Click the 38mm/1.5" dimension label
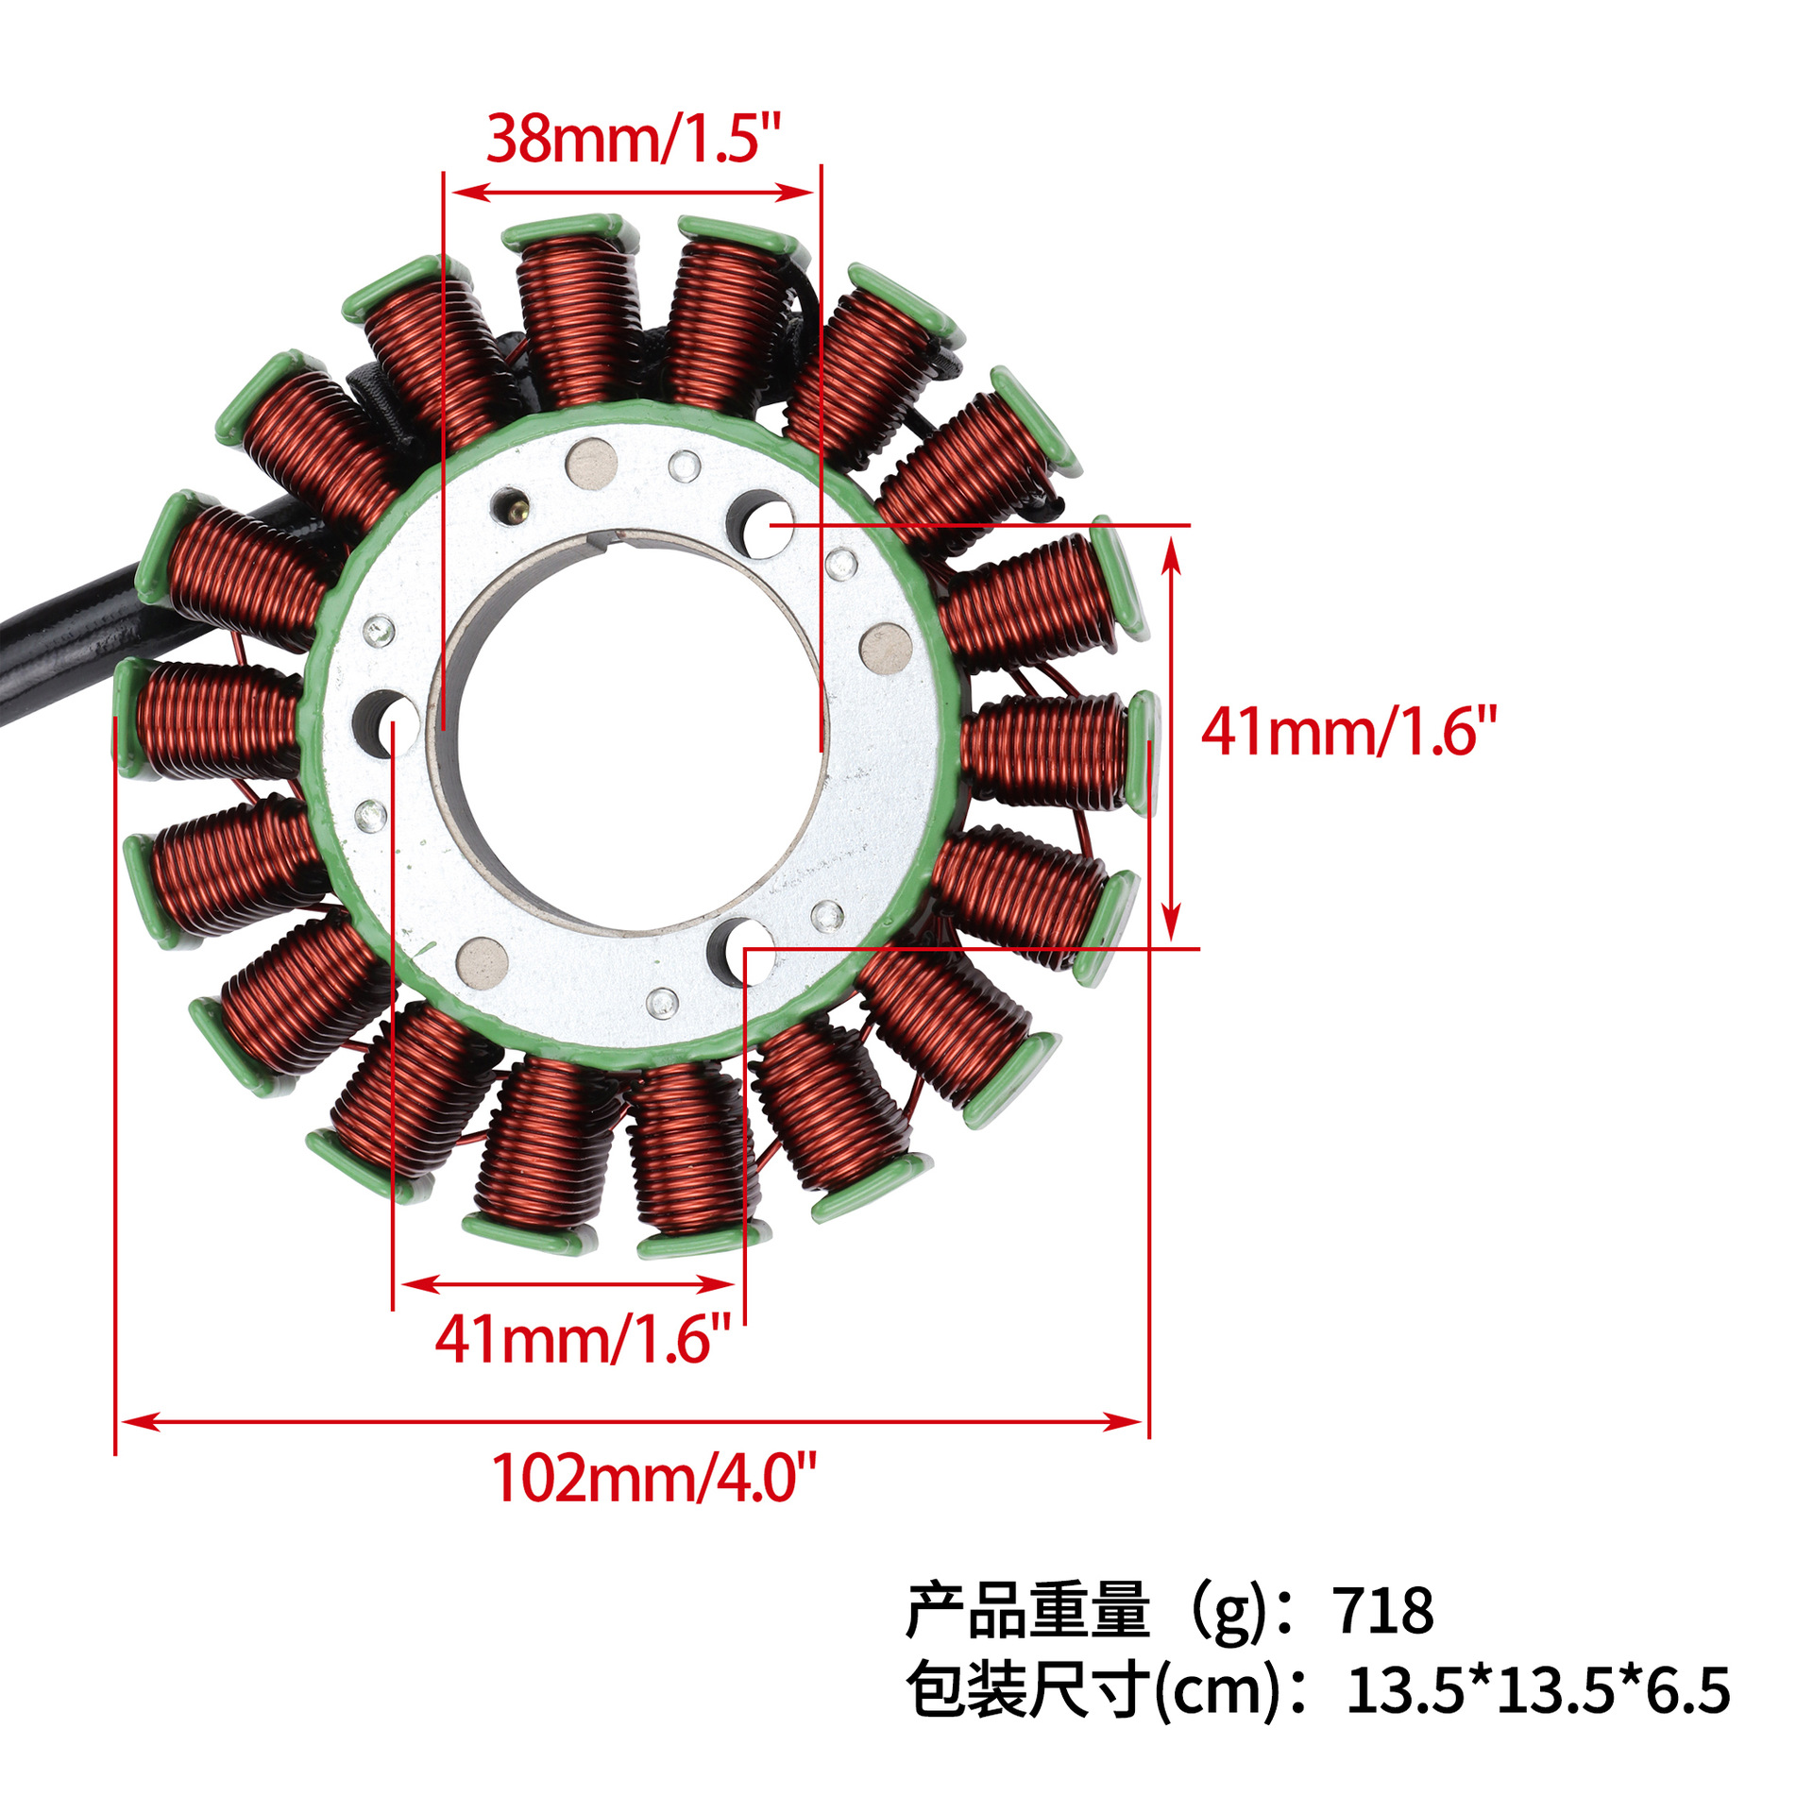click(x=634, y=139)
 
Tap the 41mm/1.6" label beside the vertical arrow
click(x=1348, y=731)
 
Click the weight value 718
click(x=1384, y=1611)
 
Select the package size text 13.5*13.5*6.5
click(x=1537, y=1690)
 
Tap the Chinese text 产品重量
click(x=1027, y=1611)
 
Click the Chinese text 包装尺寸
click(x=1027, y=1690)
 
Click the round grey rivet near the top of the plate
click(x=591, y=464)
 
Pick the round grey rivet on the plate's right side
click(x=886, y=649)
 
